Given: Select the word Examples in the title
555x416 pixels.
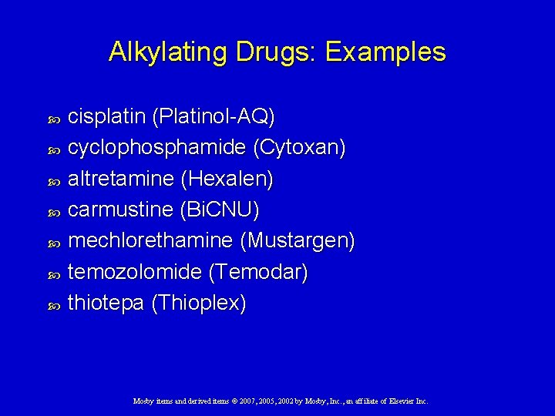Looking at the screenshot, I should pyautogui.click(x=385, y=52).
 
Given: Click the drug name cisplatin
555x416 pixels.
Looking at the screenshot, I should pyautogui.click(x=107, y=116).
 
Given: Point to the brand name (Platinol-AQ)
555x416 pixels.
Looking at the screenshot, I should pyautogui.click(x=214, y=116).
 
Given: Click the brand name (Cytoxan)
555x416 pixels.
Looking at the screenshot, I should pyautogui.click(x=300, y=148).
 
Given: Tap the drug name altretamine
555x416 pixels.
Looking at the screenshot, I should pyautogui.click(x=120, y=179).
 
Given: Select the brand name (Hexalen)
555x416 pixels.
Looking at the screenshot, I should pyautogui.click(x=227, y=179).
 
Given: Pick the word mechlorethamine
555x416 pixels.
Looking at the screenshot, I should pyautogui.click(x=150, y=241).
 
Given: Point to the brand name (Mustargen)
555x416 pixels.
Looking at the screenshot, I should pyautogui.click(x=298, y=241).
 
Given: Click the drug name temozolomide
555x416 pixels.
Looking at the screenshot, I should pyautogui.click(x=135, y=272).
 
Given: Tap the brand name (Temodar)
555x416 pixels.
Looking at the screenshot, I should pyautogui.click(x=257, y=272).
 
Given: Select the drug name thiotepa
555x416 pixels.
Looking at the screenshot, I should pyautogui.click(x=106, y=303).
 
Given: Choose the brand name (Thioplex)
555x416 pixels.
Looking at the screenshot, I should pyautogui.click(x=199, y=303).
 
